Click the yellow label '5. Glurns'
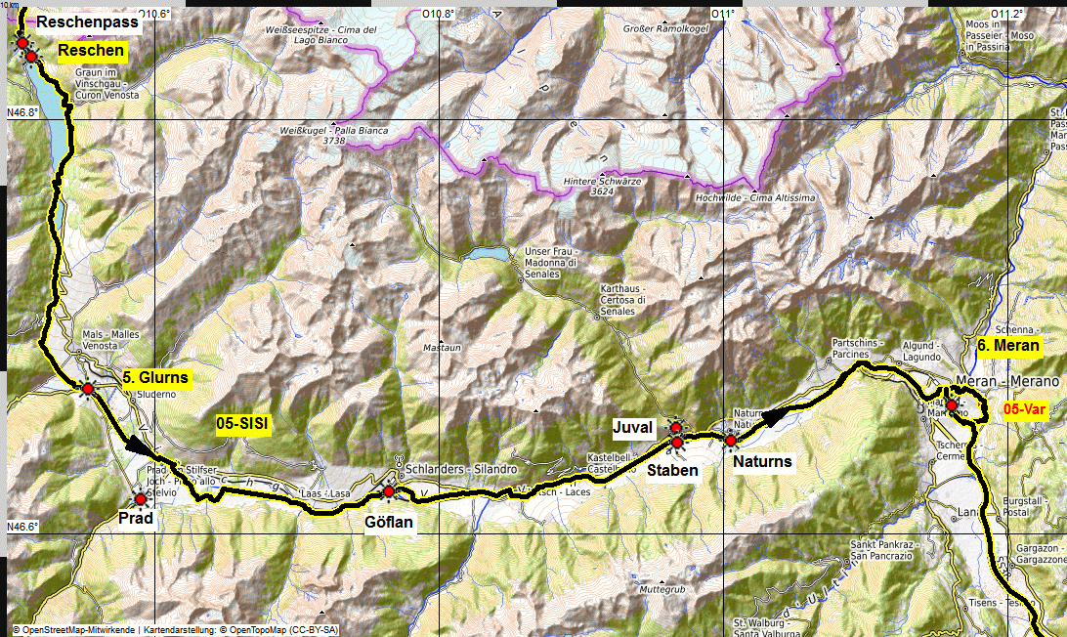[x=155, y=377]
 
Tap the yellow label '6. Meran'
[x=1008, y=345]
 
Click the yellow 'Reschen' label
[x=91, y=51]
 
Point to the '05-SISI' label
[x=241, y=423]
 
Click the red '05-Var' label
[x=1025, y=410]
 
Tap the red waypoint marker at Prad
[x=140, y=499]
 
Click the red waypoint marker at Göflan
[x=389, y=490]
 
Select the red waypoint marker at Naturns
[x=730, y=441]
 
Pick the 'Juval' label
[x=632, y=427]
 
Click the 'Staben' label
[x=674, y=470]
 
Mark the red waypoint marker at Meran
[x=952, y=404]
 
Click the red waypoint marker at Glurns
[x=87, y=389]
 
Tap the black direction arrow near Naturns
[x=774, y=417]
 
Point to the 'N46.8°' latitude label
[x=22, y=112]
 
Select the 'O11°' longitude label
[x=723, y=14]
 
